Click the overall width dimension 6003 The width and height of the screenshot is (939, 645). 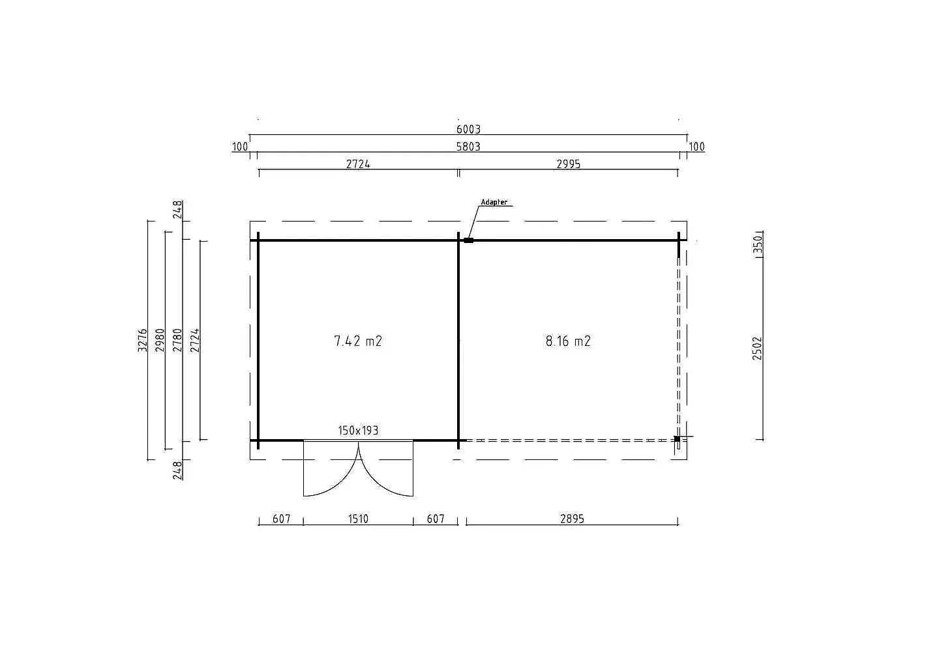(x=468, y=129)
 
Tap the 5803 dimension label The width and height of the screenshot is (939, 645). (x=468, y=147)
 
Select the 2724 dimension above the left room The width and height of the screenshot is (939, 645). (x=358, y=164)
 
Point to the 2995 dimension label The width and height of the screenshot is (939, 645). (x=569, y=164)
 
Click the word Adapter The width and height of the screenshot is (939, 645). (x=494, y=202)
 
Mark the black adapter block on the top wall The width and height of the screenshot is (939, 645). (x=469, y=240)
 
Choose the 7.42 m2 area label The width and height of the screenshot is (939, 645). (x=358, y=341)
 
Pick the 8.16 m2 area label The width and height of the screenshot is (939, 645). (x=568, y=341)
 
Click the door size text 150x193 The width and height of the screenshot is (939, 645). (x=358, y=431)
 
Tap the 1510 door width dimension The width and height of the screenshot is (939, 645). (x=358, y=519)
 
